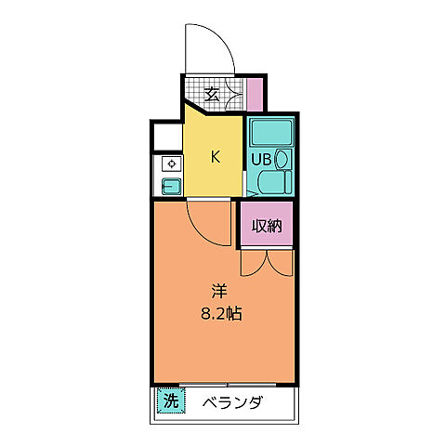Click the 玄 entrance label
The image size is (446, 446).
click(x=212, y=93)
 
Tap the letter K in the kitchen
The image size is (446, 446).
click(x=215, y=156)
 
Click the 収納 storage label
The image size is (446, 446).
click(x=268, y=225)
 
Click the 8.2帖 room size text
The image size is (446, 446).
click(x=221, y=313)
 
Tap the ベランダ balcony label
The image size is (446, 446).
click(x=232, y=402)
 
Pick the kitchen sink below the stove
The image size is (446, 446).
click(x=171, y=185)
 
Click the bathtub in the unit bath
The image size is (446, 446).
click(x=269, y=133)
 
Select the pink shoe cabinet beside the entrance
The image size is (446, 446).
click(x=256, y=94)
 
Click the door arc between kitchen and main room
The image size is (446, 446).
click(x=201, y=219)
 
